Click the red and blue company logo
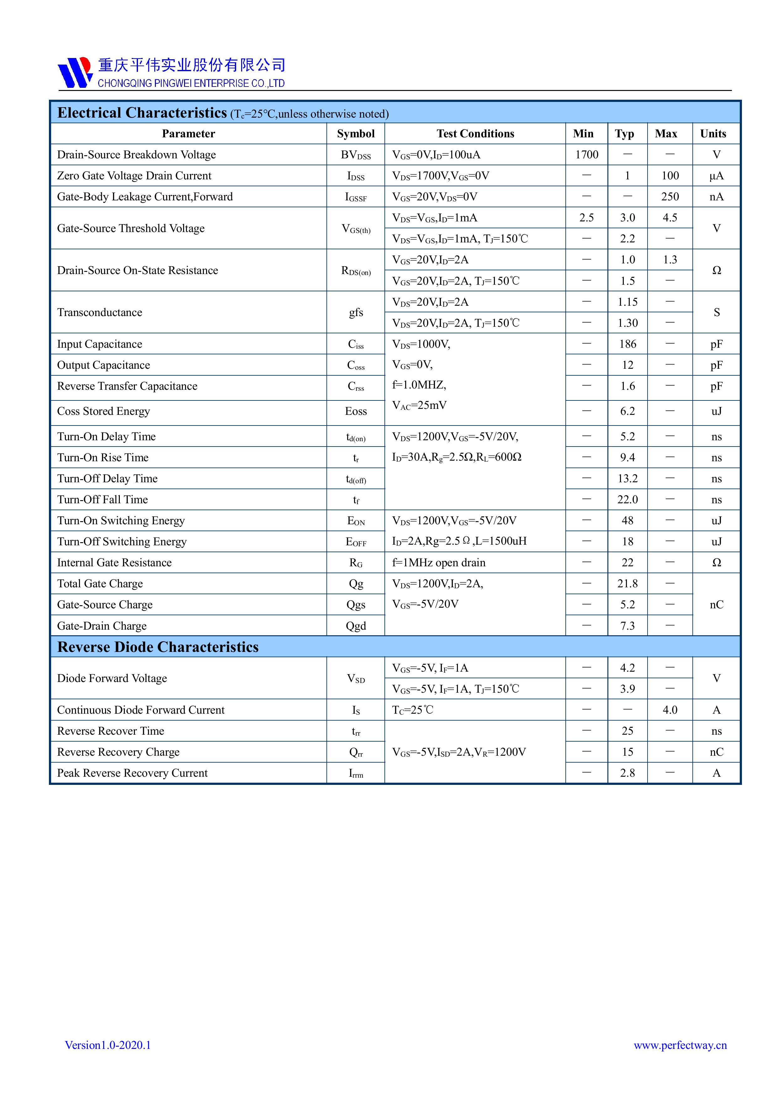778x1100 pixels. click(75, 72)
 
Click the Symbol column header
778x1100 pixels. click(356, 134)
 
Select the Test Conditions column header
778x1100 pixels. click(475, 134)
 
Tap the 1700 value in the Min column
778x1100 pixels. click(586, 155)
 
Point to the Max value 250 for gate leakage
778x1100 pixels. click(670, 197)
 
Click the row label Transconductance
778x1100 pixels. click(100, 312)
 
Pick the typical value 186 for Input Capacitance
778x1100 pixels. click(627, 344)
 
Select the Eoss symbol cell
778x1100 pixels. click(356, 411)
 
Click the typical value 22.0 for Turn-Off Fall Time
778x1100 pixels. click(627, 500)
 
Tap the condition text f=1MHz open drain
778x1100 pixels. click(438, 563)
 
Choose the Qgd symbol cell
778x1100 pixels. click(356, 626)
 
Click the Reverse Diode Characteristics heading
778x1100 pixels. click(158, 647)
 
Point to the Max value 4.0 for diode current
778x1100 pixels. click(670, 710)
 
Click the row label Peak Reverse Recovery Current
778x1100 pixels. click(132, 773)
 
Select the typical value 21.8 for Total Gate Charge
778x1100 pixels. click(627, 584)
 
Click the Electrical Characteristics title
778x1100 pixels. click(142, 113)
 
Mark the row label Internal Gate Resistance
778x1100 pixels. click(114, 563)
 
